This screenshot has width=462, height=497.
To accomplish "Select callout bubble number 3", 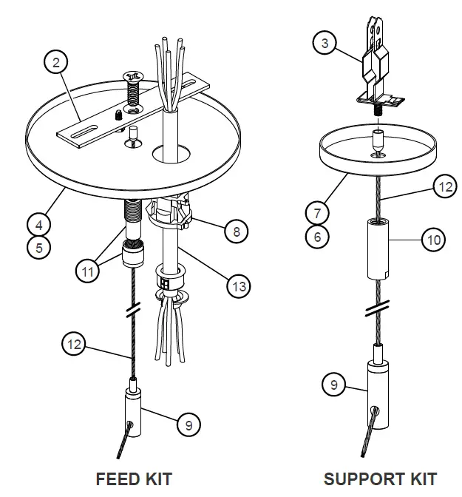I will pyautogui.click(x=324, y=43).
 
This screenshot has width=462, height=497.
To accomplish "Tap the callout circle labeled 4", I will pyautogui.click(x=38, y=221).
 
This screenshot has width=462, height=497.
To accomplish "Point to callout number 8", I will pyautogui.click(x=236, y=231).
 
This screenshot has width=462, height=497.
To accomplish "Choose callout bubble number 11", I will pyautogui.click(x=87, y=271).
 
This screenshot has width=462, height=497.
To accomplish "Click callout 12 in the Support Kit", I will pyautogui.click(x=444, y=187).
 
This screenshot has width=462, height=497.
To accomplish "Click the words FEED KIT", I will pyautogui.click(x=134, y=479).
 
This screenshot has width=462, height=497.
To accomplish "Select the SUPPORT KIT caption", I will pyautogui.click(x=380, y=479).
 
